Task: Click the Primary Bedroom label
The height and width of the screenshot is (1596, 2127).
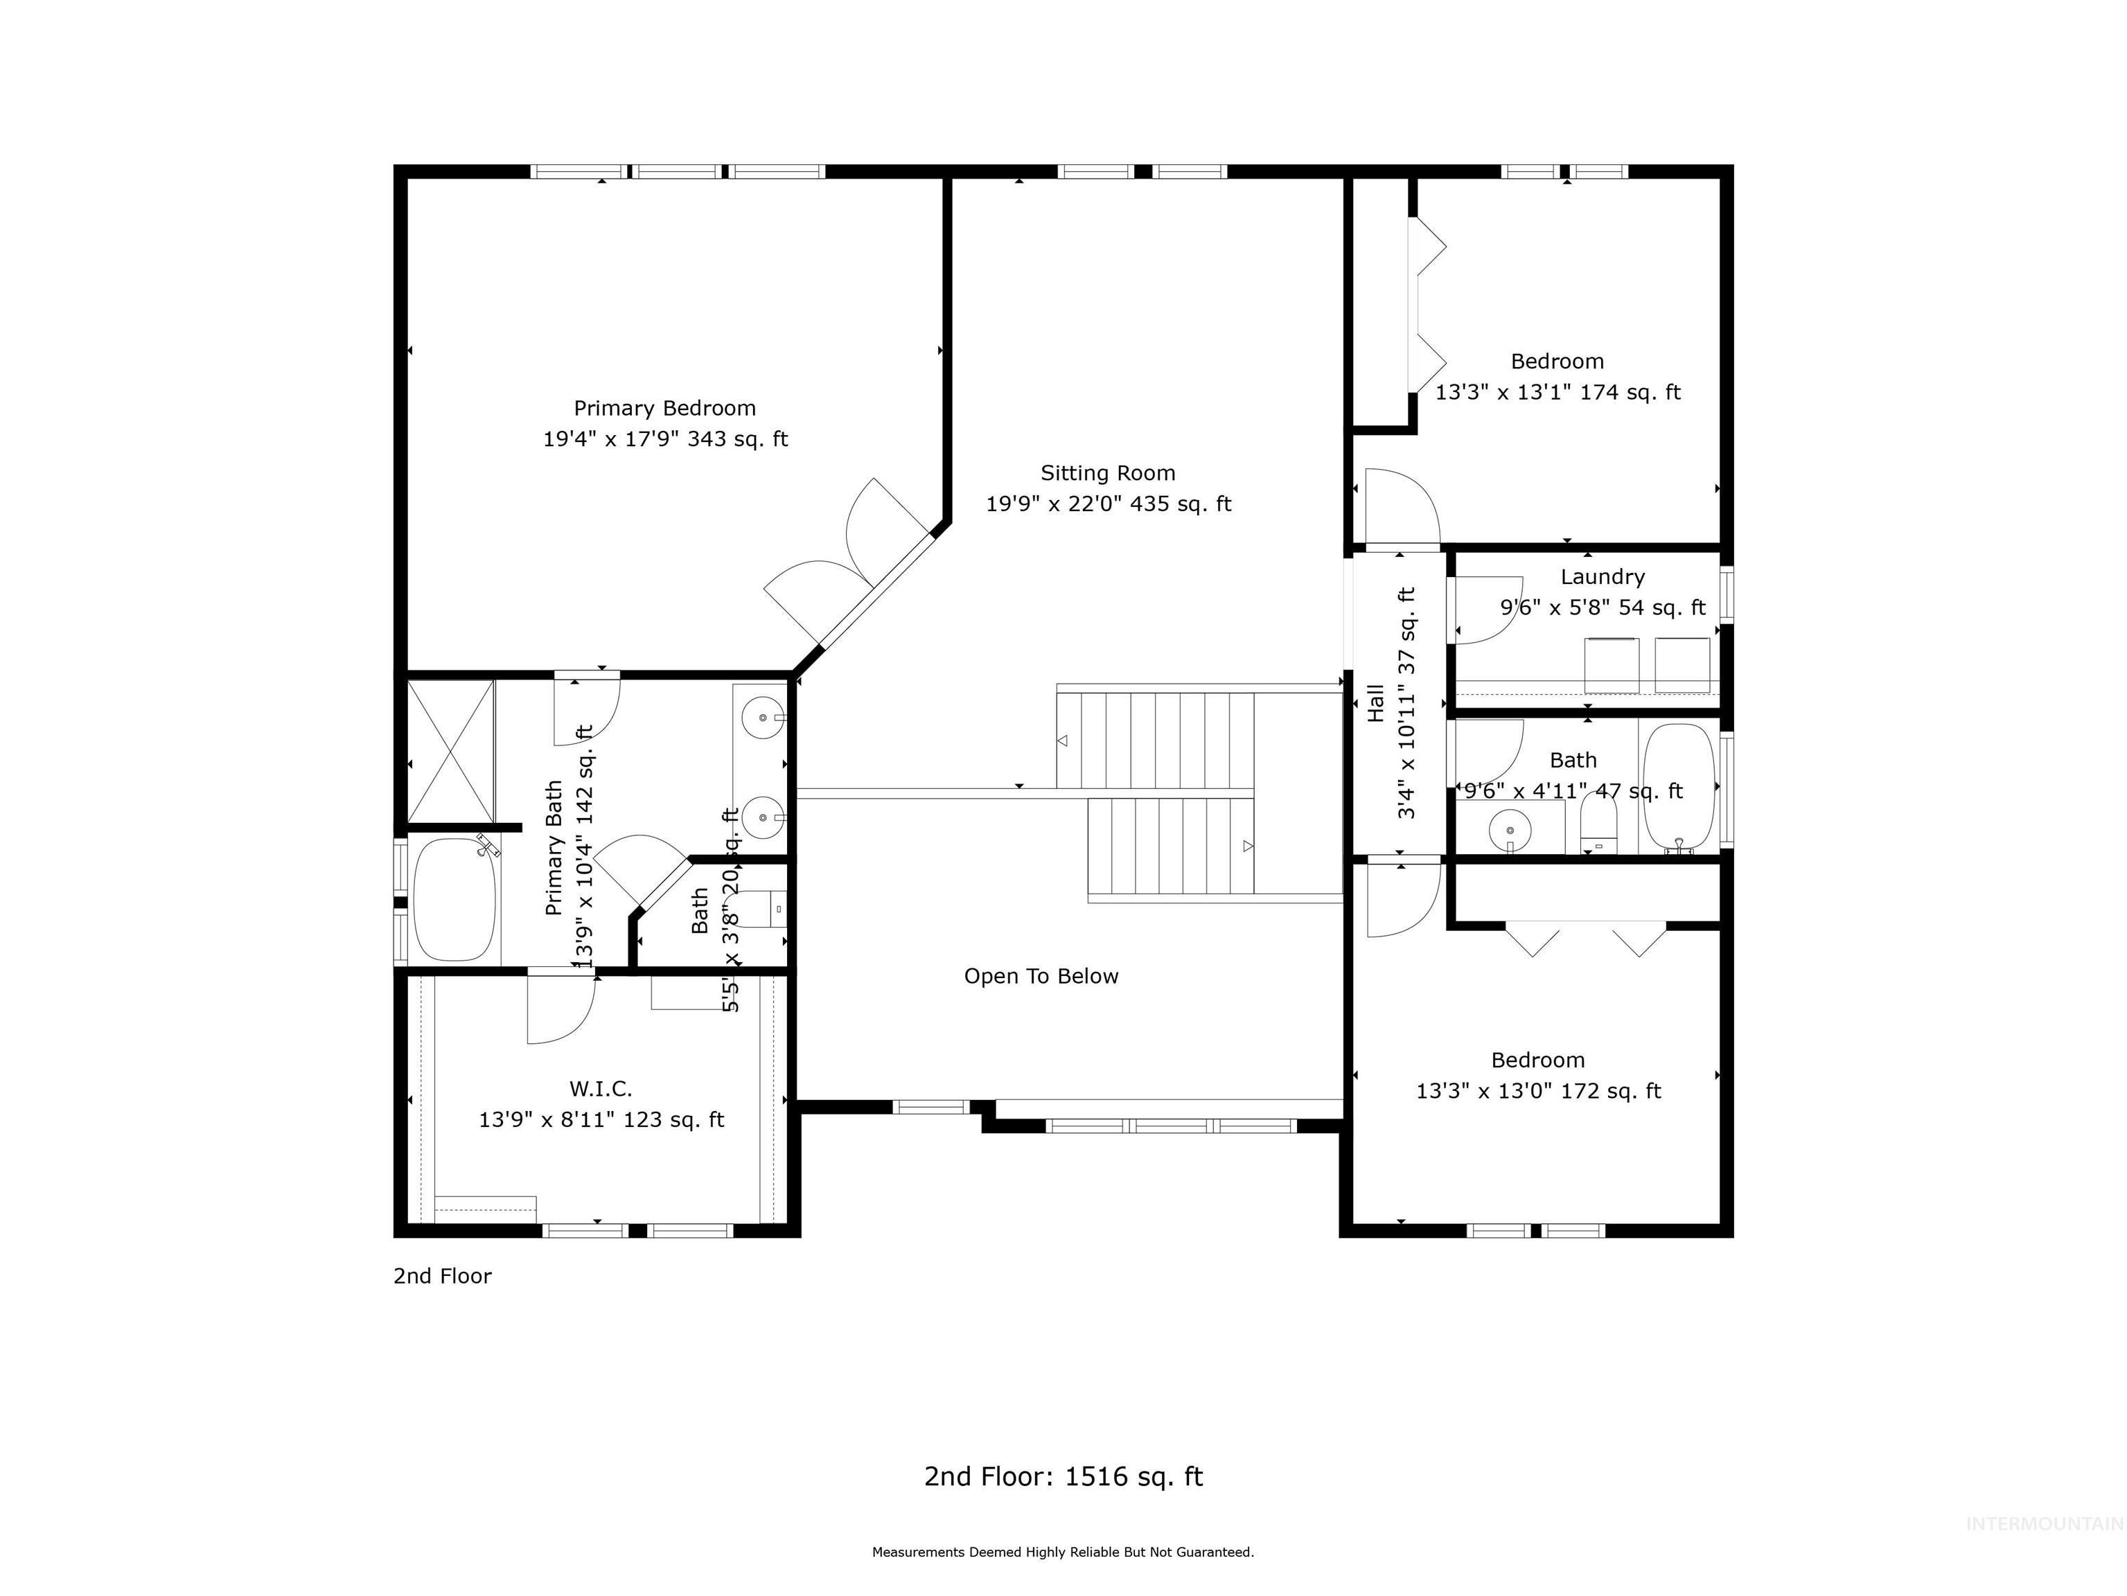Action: point(664,407)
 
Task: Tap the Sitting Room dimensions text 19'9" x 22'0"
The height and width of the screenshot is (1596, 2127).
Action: point(1108,504)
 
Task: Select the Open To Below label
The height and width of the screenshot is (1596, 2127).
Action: point(1041,976)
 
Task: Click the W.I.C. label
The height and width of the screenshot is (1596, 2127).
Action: point(601,1088)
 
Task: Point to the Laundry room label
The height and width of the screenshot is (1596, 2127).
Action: point(1602,577)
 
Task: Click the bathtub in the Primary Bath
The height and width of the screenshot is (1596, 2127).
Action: point(454,899)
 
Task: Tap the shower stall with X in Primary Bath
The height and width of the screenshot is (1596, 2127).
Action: point(450,751)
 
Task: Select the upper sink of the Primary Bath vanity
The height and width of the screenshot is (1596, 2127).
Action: point(764,717)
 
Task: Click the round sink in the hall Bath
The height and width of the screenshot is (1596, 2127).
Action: point(1510,828)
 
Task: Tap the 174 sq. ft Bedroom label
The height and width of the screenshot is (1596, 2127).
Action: point(1557,362)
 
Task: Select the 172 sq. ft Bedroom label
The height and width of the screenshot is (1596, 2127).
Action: point(1537,1061)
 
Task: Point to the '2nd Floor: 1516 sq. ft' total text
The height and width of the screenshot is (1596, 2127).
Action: point(1063,1476)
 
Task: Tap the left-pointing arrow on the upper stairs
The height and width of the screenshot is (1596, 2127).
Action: point(1063,741)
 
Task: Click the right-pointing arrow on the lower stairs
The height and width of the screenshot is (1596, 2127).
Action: point(1248,846)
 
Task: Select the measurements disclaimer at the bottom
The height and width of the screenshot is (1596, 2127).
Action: point(1063,1552)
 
